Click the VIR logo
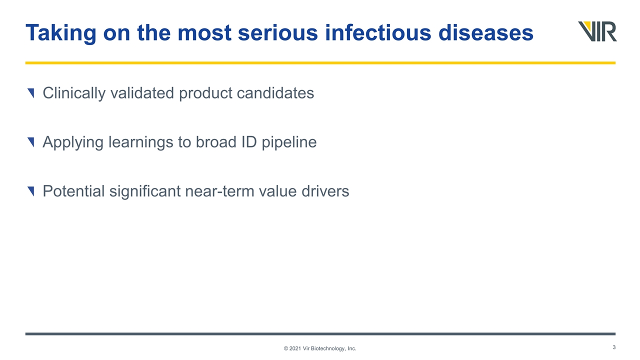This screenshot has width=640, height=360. click(597, 31)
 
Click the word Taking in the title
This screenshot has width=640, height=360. click(61, 33)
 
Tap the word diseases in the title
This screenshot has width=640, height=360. click(485, 32)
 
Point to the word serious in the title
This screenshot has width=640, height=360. click(277, 32)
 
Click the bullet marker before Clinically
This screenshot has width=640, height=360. click(31, 93)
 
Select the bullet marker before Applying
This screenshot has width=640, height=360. click(31, 142)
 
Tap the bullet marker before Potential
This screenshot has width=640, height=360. click(31, 191)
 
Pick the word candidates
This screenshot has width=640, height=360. click(275, 93)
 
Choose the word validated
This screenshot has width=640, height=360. click(142, 93)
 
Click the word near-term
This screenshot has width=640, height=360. click(219, 191)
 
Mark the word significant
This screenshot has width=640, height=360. click(145, 191)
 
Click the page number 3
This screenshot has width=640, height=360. click(614, 347)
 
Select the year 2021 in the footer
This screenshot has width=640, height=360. click(295, 348)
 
